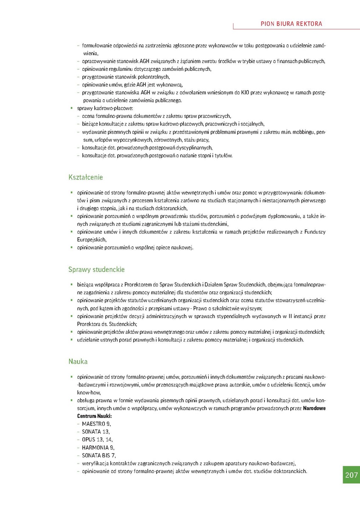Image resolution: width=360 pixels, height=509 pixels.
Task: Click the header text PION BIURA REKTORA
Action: tap(291, 24)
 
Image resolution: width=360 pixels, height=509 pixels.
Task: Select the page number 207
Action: tap(351, 475)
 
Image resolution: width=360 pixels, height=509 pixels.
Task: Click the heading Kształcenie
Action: tap(86, 177)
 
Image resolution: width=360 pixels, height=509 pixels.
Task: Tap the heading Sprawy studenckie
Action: tap(96, 269)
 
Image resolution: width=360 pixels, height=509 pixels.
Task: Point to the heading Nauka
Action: tap(78, 362)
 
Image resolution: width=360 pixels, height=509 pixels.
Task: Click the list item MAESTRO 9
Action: tap(96, 424)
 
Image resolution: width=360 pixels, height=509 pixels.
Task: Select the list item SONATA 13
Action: tap(96, 431)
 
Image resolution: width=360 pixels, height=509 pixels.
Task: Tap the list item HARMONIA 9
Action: tap(98, 447)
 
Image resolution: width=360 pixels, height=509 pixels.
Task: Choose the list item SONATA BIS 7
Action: tap(99, 456)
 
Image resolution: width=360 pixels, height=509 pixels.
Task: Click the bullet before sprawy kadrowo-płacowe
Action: tap(72, 108)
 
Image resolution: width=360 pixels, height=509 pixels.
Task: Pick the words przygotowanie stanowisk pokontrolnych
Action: tap(126, 77)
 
